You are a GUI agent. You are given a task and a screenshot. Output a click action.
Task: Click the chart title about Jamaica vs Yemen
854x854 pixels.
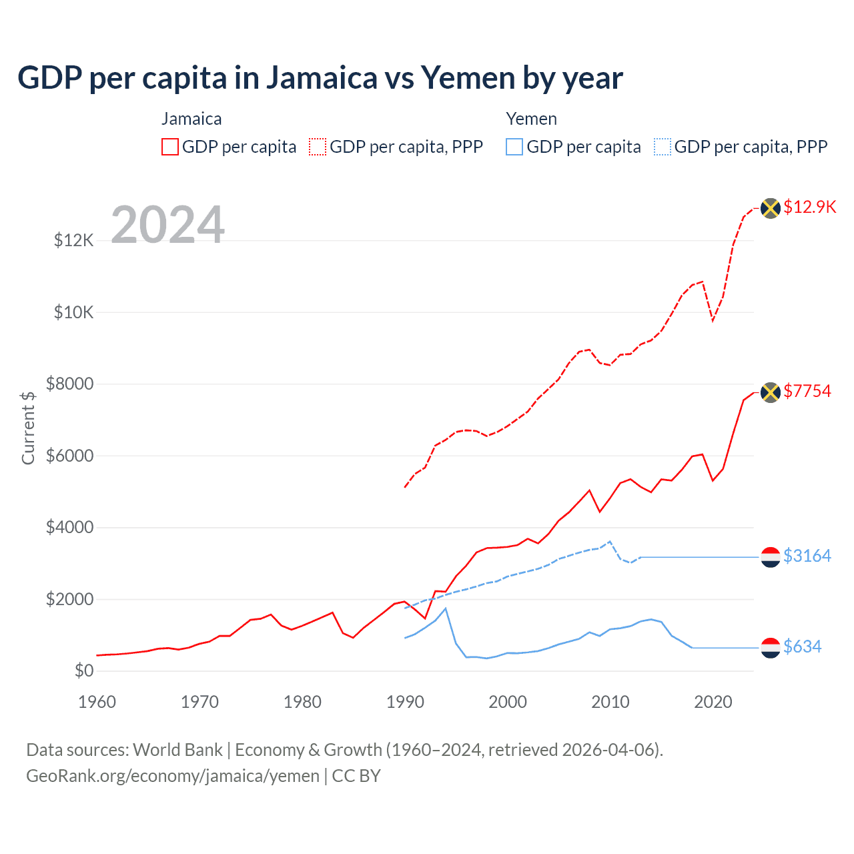tap(320, 78)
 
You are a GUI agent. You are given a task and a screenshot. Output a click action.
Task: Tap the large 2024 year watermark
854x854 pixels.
tap(167, 225)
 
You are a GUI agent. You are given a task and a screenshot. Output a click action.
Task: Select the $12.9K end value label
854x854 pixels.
tap(809, 207)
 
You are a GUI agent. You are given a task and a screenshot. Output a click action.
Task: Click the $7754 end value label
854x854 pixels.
tap(807, 391)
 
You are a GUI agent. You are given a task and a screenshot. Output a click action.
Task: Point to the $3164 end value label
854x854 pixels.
tap(807, 556)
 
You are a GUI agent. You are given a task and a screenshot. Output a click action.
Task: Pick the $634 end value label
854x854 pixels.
tap(802, 647)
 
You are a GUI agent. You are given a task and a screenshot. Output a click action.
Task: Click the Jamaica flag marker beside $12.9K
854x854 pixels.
tap(771, 208)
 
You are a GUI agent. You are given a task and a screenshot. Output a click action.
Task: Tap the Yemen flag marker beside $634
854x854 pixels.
tap(771, 647)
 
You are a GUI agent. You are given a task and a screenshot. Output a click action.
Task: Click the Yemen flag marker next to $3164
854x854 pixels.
tap(771, 556)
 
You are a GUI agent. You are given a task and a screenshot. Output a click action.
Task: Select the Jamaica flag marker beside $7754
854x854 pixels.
tap(771, 392)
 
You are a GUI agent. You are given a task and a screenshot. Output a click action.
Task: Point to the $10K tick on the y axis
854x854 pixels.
tap(73, 312)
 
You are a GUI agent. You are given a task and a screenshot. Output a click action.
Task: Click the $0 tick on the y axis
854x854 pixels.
tap(83, 671)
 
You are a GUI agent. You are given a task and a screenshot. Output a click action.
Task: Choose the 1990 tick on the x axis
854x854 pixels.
tap(405, 702)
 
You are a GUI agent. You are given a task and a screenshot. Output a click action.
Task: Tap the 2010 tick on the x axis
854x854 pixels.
tap(610, 702)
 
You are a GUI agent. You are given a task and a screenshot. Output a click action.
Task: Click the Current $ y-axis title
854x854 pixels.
tap(28, 428)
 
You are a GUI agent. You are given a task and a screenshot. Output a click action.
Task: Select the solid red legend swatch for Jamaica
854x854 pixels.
tap(170, 147)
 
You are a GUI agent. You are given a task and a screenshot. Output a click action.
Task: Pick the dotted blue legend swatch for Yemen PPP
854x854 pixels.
tap(663, 147)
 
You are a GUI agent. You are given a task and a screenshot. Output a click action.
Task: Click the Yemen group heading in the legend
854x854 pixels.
tap(531, 119)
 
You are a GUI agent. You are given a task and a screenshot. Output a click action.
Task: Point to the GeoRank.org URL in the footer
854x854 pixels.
tap(173, 776)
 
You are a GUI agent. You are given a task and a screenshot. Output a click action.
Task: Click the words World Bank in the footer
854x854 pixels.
tap(177, 750)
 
